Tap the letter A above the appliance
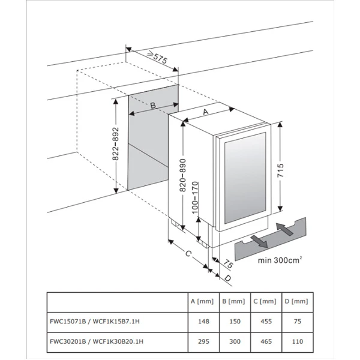[206, 112]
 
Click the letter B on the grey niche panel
[153, 106]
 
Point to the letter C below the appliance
[188, 255]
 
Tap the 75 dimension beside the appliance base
[229, 263]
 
